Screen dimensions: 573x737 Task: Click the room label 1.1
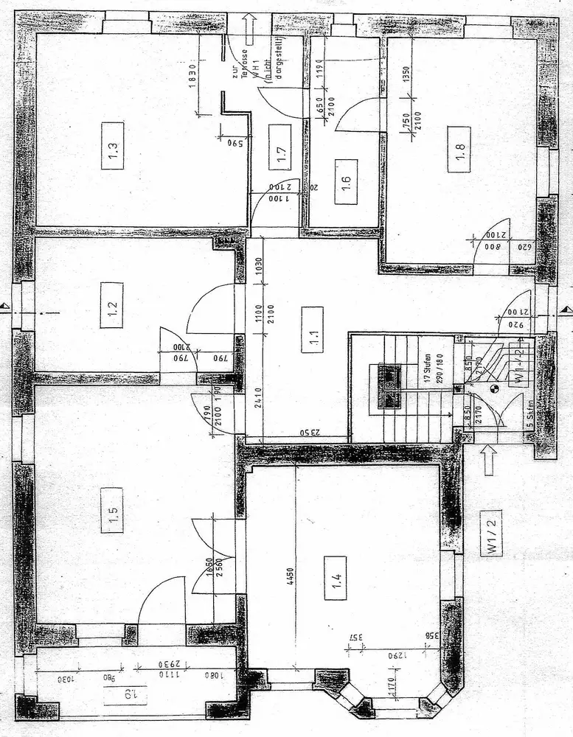pyautogui.click(x=312, y=340)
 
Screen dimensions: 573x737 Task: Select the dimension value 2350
pyautogui.click(x=302, y=433)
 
